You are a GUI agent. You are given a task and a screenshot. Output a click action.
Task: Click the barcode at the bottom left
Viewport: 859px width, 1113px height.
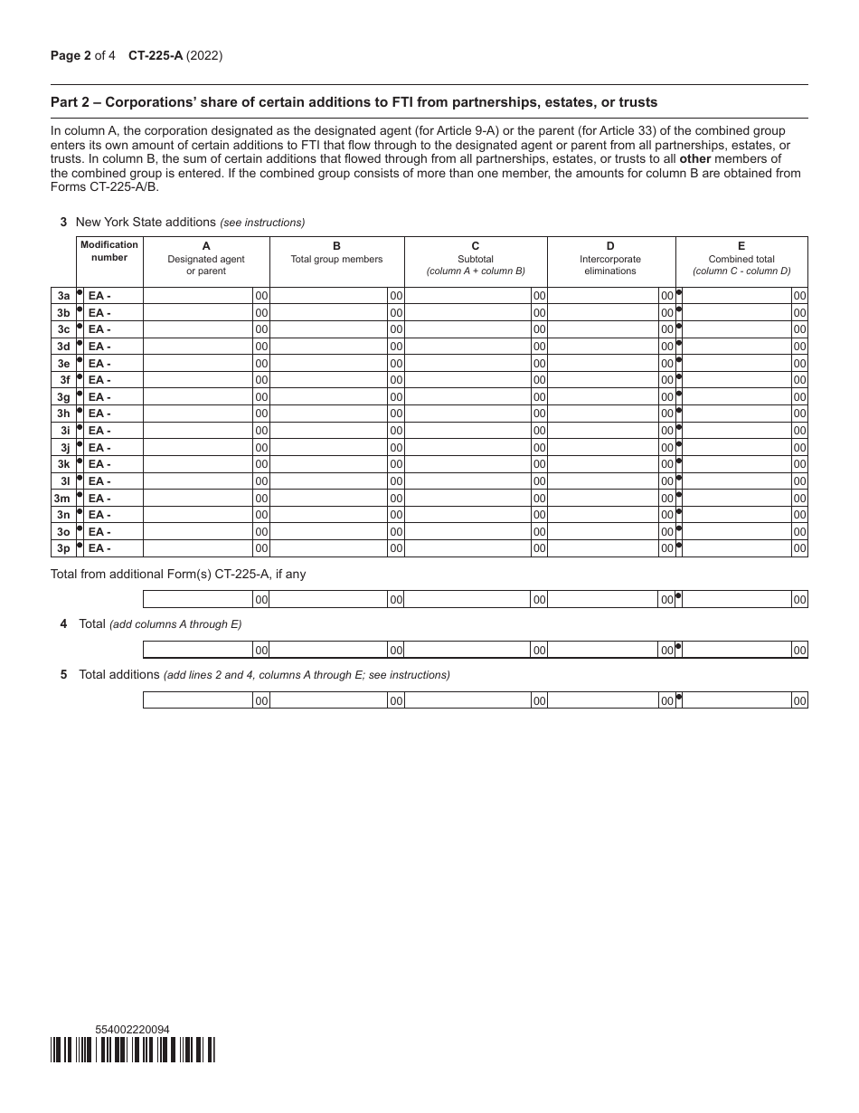click(x=133, y=1049)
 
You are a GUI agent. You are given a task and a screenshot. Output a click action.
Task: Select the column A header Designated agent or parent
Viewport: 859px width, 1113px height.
click(x=206, y=259)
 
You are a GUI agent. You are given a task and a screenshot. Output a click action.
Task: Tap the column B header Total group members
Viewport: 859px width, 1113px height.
click(x=336, y=252)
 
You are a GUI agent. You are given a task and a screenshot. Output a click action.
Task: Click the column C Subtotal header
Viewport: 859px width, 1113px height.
click(x=476, y=259)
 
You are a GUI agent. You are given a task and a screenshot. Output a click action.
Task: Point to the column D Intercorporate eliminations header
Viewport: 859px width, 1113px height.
click(x=610, y=259)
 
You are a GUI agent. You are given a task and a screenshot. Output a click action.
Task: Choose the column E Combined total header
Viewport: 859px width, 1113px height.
click(x=741, y=259)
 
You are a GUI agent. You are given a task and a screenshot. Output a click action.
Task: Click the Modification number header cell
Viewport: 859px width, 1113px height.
click(x=109, y=252)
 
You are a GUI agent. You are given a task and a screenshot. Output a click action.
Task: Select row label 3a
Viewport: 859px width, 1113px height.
click(x=63, y=296)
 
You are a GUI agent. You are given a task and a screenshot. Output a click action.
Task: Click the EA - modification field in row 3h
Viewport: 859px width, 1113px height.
click(x=113, y=414)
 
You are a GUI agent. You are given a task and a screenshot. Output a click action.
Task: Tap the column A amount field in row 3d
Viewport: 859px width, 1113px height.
click(x=198, y=347)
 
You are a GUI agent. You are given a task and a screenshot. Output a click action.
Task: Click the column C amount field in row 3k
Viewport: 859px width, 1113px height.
click(x=467, y=464)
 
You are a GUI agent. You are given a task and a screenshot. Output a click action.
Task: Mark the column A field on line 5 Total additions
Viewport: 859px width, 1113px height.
click(x=198, y=700)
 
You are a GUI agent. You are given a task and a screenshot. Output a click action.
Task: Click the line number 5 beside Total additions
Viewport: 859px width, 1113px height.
click(x=64, y=674)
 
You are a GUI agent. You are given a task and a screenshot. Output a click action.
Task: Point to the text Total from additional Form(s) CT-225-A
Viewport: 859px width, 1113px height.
click(x=178, y=574)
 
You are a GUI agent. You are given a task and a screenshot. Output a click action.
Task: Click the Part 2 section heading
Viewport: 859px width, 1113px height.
click(x=354, y=101)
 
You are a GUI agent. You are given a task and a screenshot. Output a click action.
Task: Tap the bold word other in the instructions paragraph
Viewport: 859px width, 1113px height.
click(x=694, y=158)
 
